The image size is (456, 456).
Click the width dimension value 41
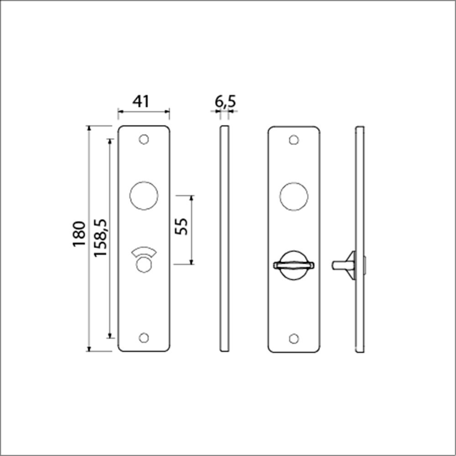tap(141, 101)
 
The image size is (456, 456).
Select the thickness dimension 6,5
tap(225, 101)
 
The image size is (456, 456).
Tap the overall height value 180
tap(78, 233)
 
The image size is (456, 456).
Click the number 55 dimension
tap(181, 226)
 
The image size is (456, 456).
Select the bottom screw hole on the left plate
tap(144, 338)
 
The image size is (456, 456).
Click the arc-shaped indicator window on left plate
tap(144, 251)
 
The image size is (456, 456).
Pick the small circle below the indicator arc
tap(144, 265)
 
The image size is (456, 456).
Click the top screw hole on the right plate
tap(294, 140)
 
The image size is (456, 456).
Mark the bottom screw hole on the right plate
tap(294, 338)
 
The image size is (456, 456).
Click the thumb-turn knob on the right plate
tap(294, 265)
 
